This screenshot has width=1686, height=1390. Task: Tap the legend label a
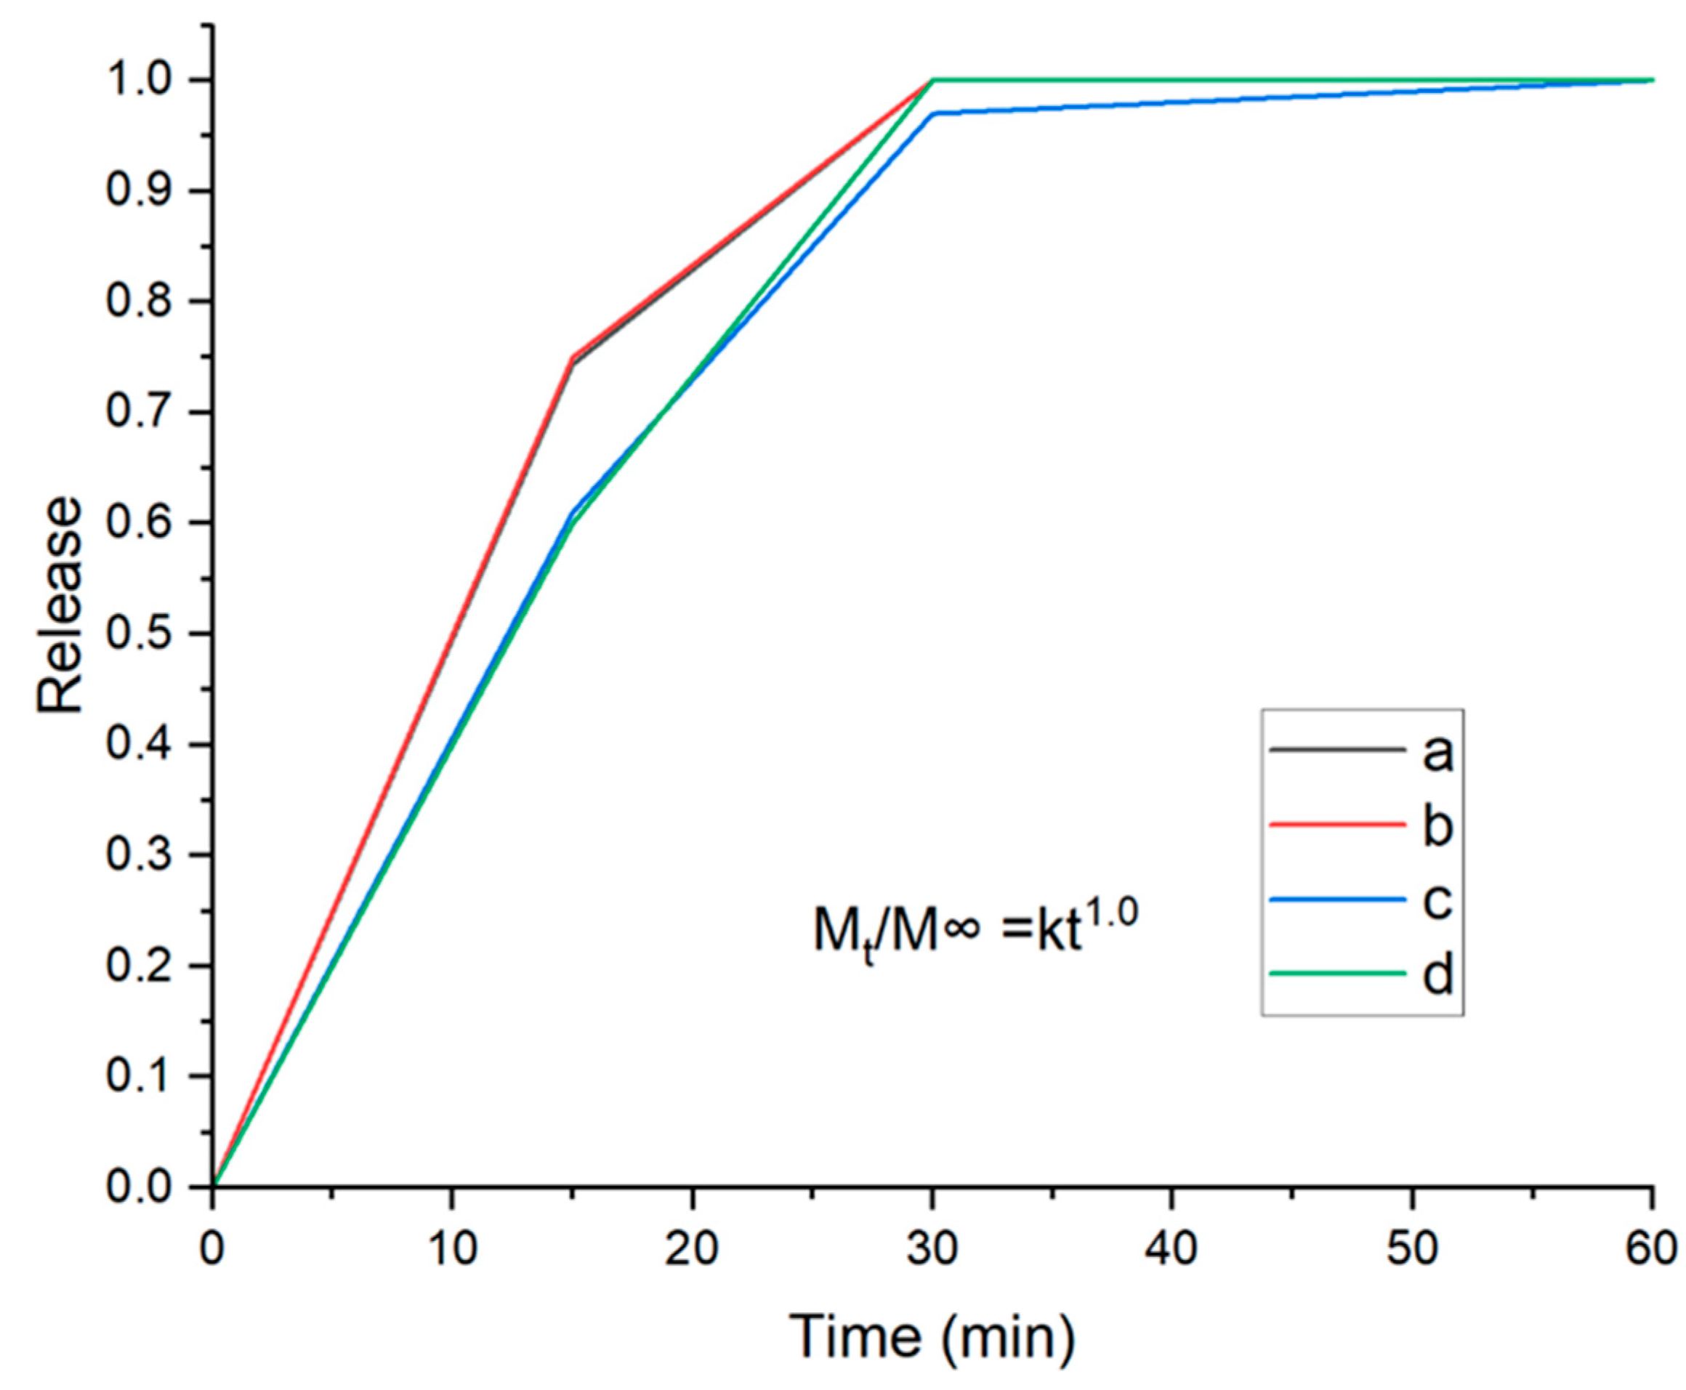coord(1437,753)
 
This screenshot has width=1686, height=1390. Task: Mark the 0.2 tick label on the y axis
coord(140,966)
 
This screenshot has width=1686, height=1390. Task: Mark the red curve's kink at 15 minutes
coord(573,358)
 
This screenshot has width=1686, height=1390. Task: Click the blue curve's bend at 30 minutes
coord(934,113)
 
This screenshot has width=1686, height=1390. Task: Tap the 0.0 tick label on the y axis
coord(140,1187)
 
